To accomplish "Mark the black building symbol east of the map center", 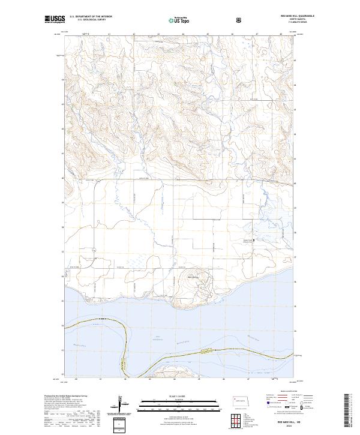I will click(253, 241).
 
